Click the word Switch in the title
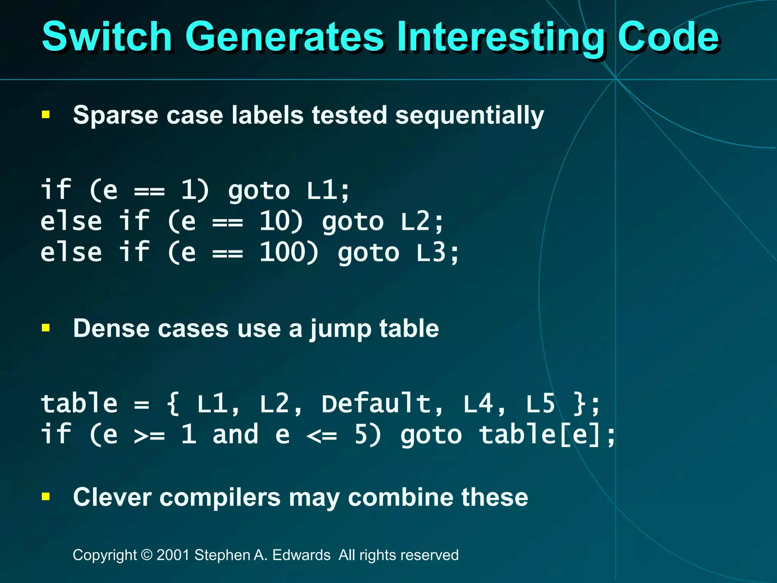107,37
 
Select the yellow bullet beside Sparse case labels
46,115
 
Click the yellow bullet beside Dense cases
46,328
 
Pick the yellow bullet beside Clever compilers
46,496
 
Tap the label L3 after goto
431,252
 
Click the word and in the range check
235,434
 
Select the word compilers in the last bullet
220,497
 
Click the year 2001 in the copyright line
173,555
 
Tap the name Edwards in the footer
301,555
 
